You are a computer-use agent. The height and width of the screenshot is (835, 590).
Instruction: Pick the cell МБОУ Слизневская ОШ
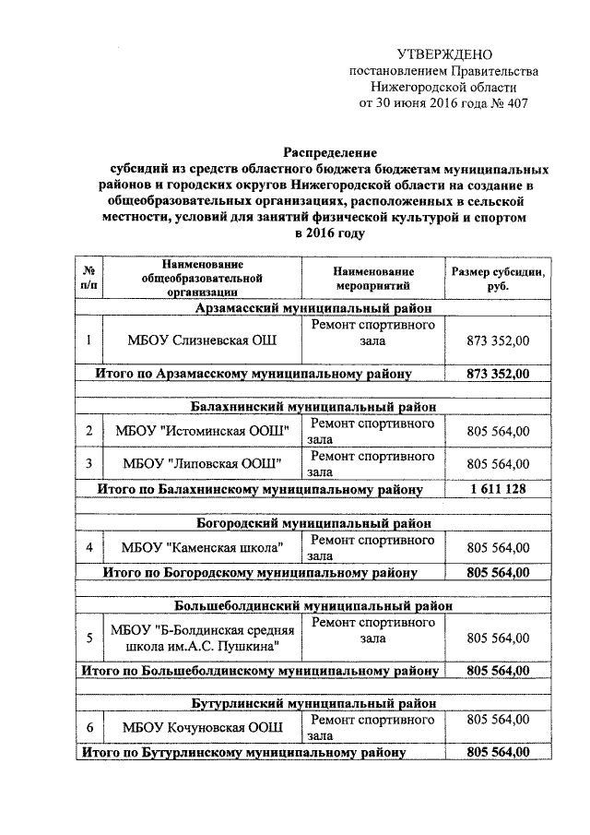[201, 340]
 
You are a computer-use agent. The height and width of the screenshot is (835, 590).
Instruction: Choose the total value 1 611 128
[499, 488]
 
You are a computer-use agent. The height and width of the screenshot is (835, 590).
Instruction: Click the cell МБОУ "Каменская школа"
[201, 547]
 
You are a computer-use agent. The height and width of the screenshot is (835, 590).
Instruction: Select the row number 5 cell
[88, 638]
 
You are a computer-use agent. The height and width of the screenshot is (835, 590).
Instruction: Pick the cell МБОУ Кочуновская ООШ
[201, 727]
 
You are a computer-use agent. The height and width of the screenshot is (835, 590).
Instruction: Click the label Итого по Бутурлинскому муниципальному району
[243, 753]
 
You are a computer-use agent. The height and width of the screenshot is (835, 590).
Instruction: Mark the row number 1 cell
[88, 340]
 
